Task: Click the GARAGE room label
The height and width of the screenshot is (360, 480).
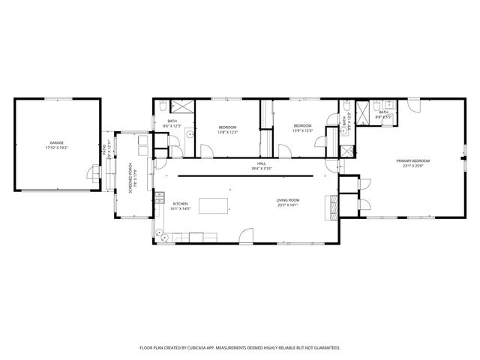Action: pos(56,142)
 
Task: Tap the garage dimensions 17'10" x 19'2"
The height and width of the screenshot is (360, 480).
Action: pos(56,147)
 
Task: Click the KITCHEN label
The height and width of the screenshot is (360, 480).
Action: pos(181,204)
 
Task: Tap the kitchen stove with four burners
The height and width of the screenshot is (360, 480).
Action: pos(160,198)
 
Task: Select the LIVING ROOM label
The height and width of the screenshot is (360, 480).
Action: pos(288,200)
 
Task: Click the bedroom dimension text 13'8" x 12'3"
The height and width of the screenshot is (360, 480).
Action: pos(227,132)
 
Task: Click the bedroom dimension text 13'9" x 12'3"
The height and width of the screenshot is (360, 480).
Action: pos(301,130)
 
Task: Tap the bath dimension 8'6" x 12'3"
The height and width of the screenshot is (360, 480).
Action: pos(172,126)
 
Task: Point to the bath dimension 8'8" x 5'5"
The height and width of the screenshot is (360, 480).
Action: pos(383,117)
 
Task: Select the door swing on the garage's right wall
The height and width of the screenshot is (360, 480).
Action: pos(93,175)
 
